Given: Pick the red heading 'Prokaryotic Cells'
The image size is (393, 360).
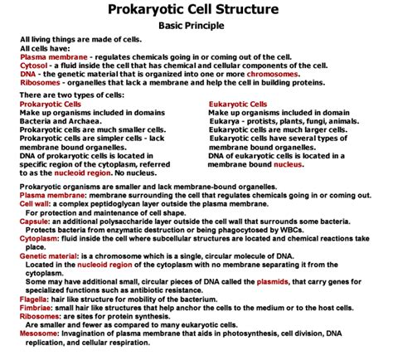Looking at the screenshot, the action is click(x=51, y=104).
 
